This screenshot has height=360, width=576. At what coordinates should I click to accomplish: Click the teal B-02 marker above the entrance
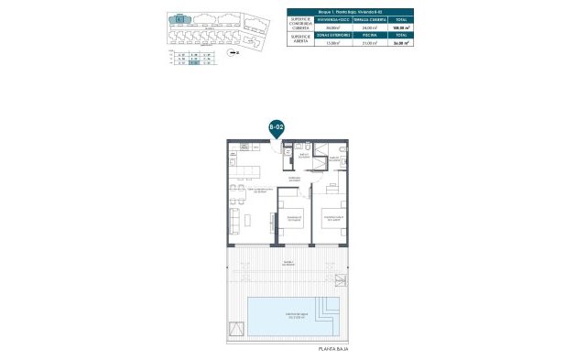pyautogui.click(x=277, y=127)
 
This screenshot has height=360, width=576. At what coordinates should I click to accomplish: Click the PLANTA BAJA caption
pyautogui.click(x=332, y=349)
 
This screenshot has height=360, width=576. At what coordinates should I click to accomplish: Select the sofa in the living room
pyautogui.click(x=235, y=220)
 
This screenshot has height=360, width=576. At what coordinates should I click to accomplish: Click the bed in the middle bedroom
pyautogui.click(x=293, y=220)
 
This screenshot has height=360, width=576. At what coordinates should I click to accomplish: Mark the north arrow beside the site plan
pyautogui.click(x=235, y=54)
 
